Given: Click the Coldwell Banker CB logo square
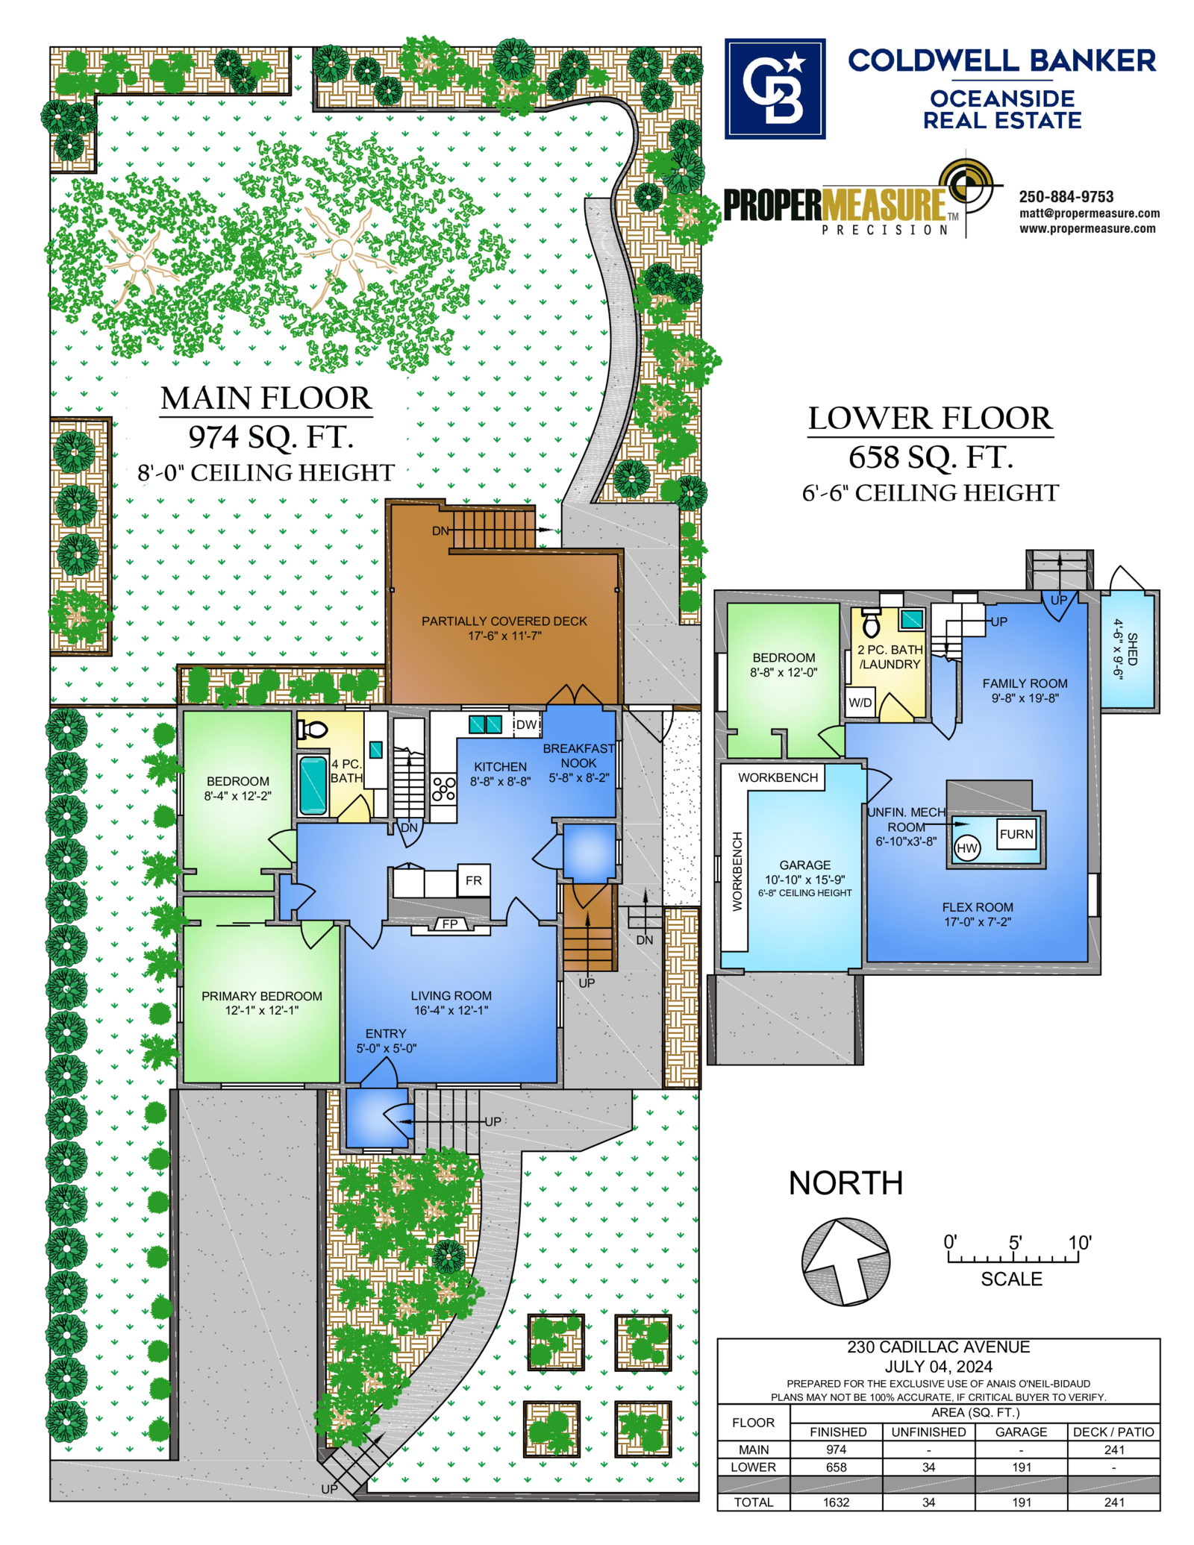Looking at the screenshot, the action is [x=775, y=89].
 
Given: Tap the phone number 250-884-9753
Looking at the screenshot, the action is [x=1066, y=197].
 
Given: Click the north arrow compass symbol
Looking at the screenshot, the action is [x=846, y=1262].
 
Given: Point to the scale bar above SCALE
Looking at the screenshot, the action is [x=1013, y=1258].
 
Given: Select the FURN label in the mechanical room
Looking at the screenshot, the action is [x=1016, y=834].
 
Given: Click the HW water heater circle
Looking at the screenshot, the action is [x=967, y=848].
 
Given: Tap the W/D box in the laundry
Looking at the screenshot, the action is [x=860, y=702].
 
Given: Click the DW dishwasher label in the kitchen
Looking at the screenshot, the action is [x=527, y=724].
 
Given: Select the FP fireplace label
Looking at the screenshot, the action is [x=450, y=924].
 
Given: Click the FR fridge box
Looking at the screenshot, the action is [x=474, y=880].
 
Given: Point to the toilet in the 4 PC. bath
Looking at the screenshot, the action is [x=313, y=730].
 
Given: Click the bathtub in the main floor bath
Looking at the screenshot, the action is [x=313, y=784].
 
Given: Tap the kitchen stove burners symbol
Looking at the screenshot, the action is [x=444, y=789].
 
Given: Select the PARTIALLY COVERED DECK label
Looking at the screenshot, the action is [x=504, y=621].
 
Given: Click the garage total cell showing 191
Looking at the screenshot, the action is [x=1022, y=1502].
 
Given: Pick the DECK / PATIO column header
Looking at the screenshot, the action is [x=1113, y=1432].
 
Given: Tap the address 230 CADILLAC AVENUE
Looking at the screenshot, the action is [x=938, y=1347].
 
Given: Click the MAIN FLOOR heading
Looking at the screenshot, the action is [x=266, y=398].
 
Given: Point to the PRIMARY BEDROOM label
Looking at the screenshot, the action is [x=262, y=996].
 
